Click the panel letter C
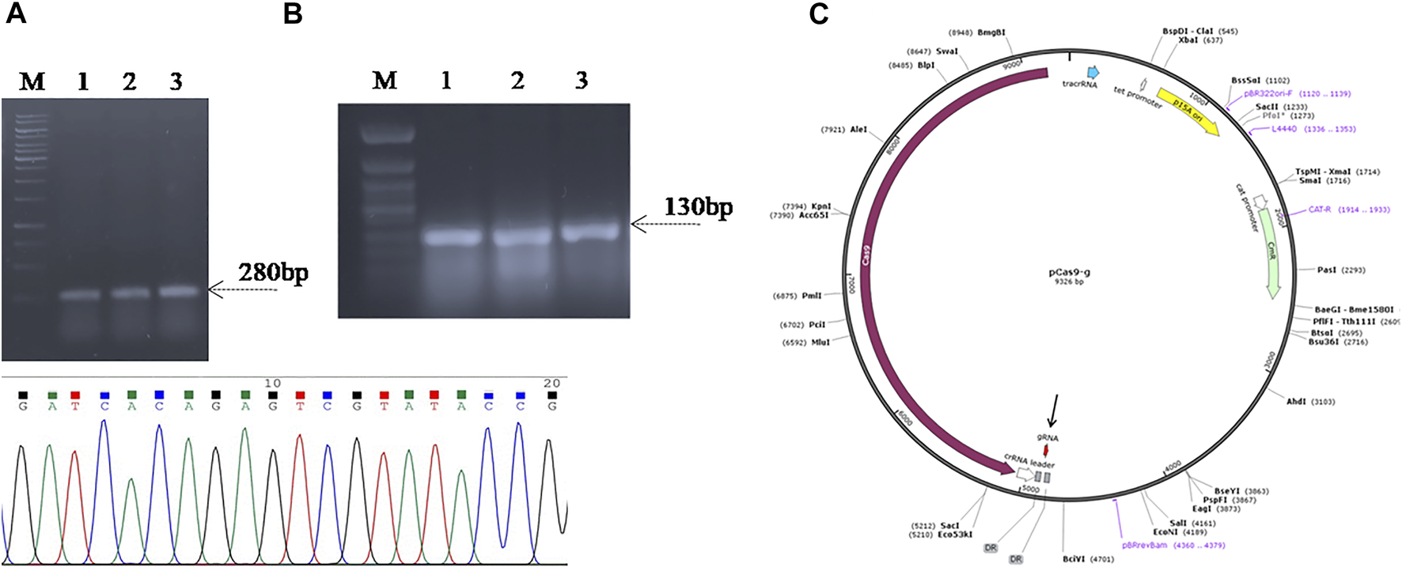point(818,13)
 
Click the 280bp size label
point(273,273)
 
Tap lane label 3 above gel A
point(176,81)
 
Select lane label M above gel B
point(385,80)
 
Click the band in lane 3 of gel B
point(590,233)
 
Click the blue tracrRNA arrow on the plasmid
point(1093,71)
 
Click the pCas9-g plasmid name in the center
point(1069,273)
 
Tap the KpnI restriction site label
point(821,206)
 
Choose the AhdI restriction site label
point(1296,402)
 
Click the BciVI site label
point(1074,559)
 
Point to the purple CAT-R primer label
point(1320,210)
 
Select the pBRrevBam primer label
point(1144,545)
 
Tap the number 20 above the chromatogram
point(551,384)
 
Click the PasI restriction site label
point(1327,270)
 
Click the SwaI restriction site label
point(947,51)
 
